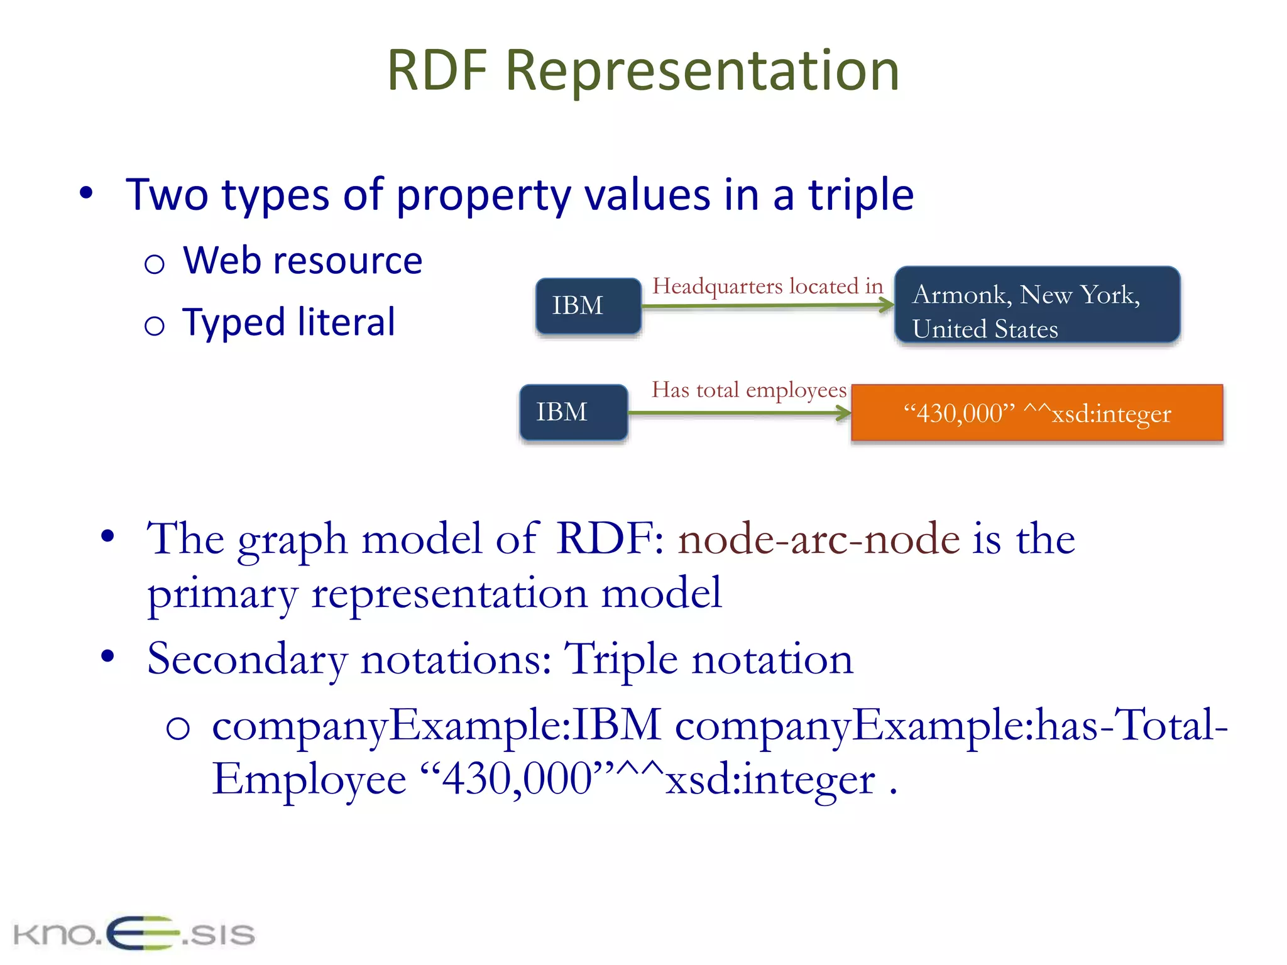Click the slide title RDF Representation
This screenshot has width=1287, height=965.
point(643,70)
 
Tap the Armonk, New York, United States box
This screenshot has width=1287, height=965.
point(1037,305)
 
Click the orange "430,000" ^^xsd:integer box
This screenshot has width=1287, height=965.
point(1037,413)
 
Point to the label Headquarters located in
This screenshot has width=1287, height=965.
point(767,286)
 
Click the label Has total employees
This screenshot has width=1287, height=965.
point(748,390)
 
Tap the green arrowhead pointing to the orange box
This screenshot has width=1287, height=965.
point(844,413)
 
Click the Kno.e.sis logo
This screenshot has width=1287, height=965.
point(134,933)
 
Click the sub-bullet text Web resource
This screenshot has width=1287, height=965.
point(302,261)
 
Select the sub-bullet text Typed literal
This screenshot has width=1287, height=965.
point(288,322)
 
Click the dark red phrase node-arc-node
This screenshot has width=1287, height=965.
point(819,539)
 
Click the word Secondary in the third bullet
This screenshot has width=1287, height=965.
point(247,660)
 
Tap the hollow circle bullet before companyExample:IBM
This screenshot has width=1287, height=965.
point(178,729)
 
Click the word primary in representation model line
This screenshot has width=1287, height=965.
point(222,594)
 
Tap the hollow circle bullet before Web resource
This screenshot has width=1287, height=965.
point(154,264)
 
